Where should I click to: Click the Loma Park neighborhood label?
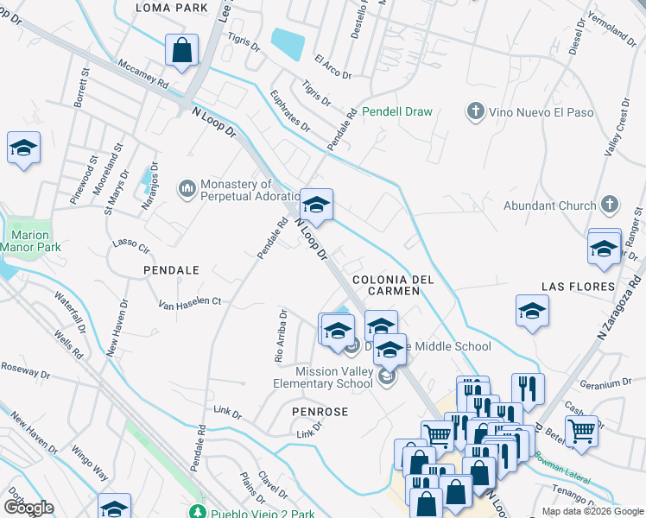point(172,8)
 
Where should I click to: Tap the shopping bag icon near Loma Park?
point(182,51)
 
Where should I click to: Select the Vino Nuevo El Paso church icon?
point(474,111)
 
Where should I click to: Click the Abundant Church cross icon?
point(610,205)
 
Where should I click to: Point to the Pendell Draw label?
point(397,111)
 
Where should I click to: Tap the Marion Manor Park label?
point(31,242)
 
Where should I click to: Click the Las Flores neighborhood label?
point(578,286)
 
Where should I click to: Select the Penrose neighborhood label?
point(320,412)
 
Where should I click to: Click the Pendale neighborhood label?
point(171,270)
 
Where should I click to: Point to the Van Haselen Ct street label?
point(190,303)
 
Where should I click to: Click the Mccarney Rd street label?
point(143,74)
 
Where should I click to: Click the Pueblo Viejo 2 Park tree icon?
point(198,513)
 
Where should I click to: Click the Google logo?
point(28,508)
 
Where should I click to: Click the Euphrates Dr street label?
point(290,111)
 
